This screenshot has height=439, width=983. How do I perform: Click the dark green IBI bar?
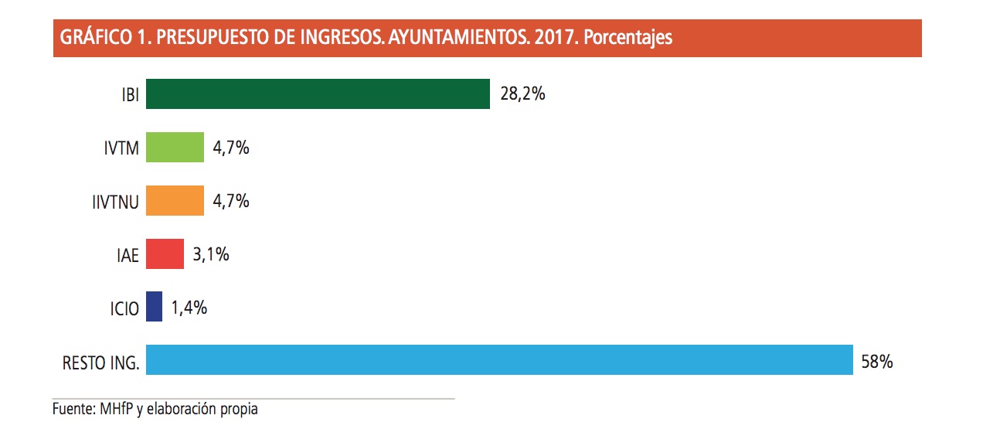318,94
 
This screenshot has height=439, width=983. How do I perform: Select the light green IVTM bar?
175,148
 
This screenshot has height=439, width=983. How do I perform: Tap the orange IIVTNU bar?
175,201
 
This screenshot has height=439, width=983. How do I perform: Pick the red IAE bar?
165,254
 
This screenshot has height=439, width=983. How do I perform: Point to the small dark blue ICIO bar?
154,307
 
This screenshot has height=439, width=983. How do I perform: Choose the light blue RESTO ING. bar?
499,360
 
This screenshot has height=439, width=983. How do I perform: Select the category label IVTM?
121,149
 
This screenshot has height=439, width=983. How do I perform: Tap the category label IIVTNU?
114,202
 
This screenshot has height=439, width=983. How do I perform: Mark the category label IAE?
127,255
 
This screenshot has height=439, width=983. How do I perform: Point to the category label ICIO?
124,308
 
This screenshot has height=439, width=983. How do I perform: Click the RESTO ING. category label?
100,362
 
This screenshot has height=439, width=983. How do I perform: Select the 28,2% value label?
522,94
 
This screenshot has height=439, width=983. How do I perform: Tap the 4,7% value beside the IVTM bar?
230,148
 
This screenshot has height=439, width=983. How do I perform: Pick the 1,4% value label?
189,307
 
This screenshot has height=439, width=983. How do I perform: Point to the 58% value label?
876,360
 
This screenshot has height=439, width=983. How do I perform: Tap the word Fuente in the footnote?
73,409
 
